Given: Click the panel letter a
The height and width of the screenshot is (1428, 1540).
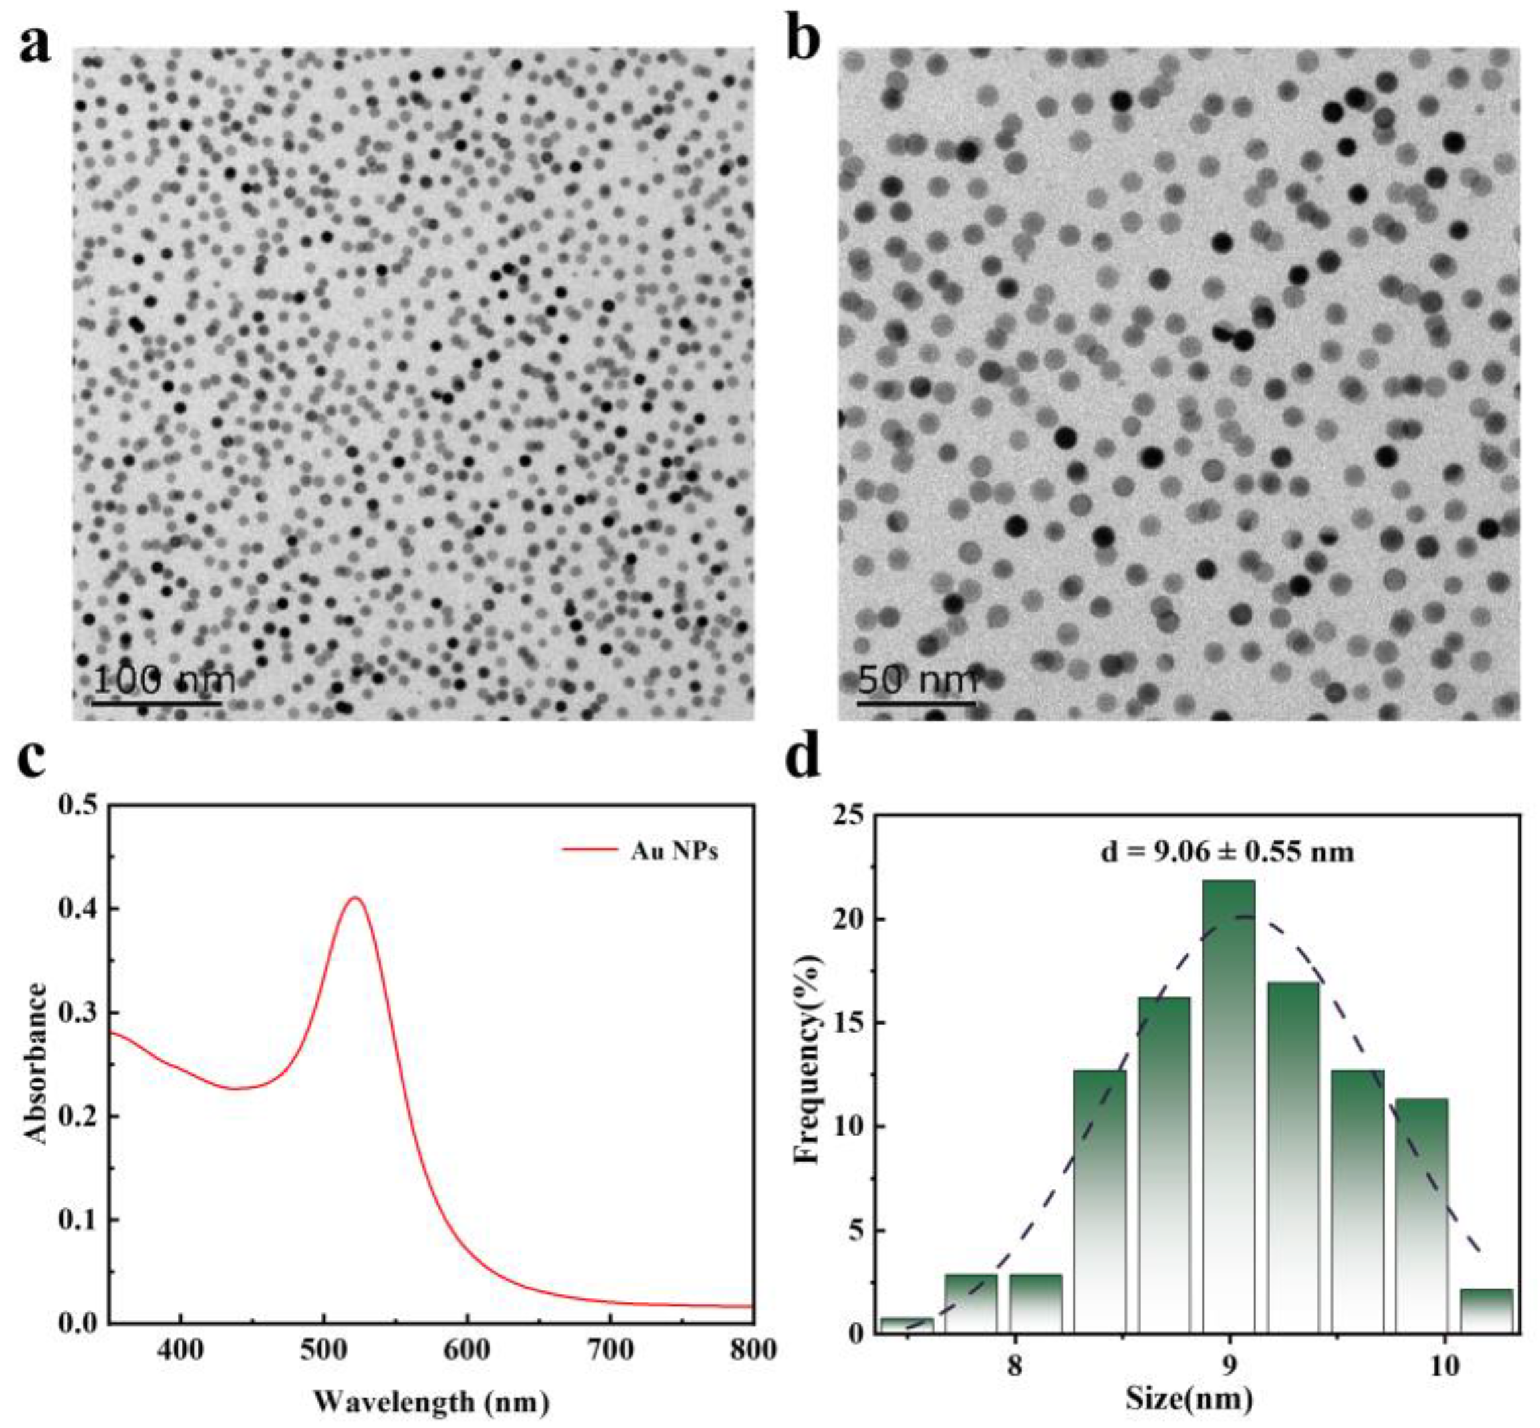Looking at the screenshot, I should (35, 45).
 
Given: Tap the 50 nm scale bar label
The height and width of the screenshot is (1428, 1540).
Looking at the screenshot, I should (917, 680).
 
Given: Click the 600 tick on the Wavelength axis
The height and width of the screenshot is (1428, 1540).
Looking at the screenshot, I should (467, 1349).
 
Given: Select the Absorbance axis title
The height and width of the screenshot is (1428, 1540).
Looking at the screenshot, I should (36, 1062).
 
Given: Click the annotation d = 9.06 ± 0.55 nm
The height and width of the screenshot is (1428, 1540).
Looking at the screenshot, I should (1227, 852).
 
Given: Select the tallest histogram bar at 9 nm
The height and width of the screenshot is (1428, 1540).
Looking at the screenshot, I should (1228, 1105).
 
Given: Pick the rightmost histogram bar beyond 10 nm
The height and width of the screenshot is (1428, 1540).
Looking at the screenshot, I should (1486, 1310).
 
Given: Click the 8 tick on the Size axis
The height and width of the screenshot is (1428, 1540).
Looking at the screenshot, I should (1014, 1365).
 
